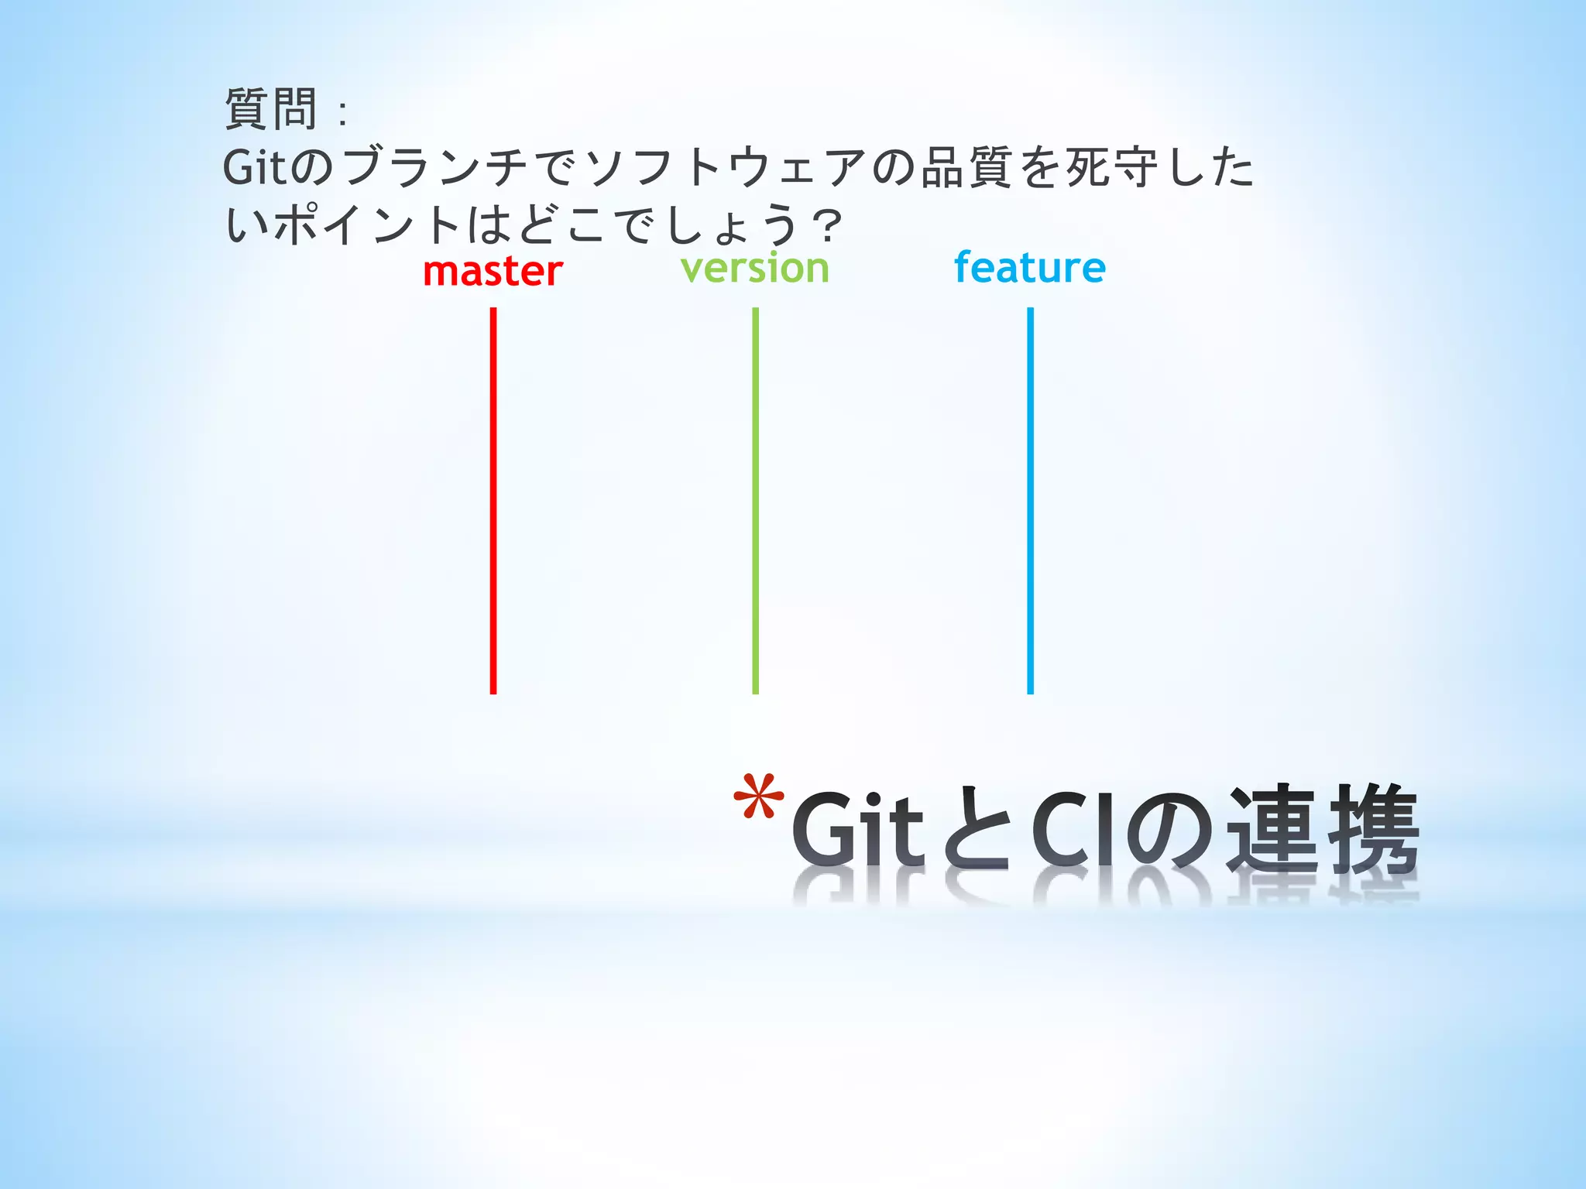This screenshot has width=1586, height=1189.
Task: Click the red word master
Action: pyautogui.click(x=493, y=272)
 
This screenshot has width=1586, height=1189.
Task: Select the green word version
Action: pyautogui.click(x=755, y=269)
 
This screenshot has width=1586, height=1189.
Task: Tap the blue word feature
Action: pyautogui.click(x=1029, y=268)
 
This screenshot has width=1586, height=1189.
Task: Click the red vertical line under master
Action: pyautogui.click(x=493, y=500)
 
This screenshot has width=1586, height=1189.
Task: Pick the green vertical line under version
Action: pyautogui.click(x=756, y=500)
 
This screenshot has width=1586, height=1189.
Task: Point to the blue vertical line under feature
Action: pyautogui.click(x=1030, y=500)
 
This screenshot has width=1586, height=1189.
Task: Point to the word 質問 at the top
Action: pyautogui.click(x=271, y=109)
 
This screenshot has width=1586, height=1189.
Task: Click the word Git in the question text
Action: pyautogui.click(x=256, y=167)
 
